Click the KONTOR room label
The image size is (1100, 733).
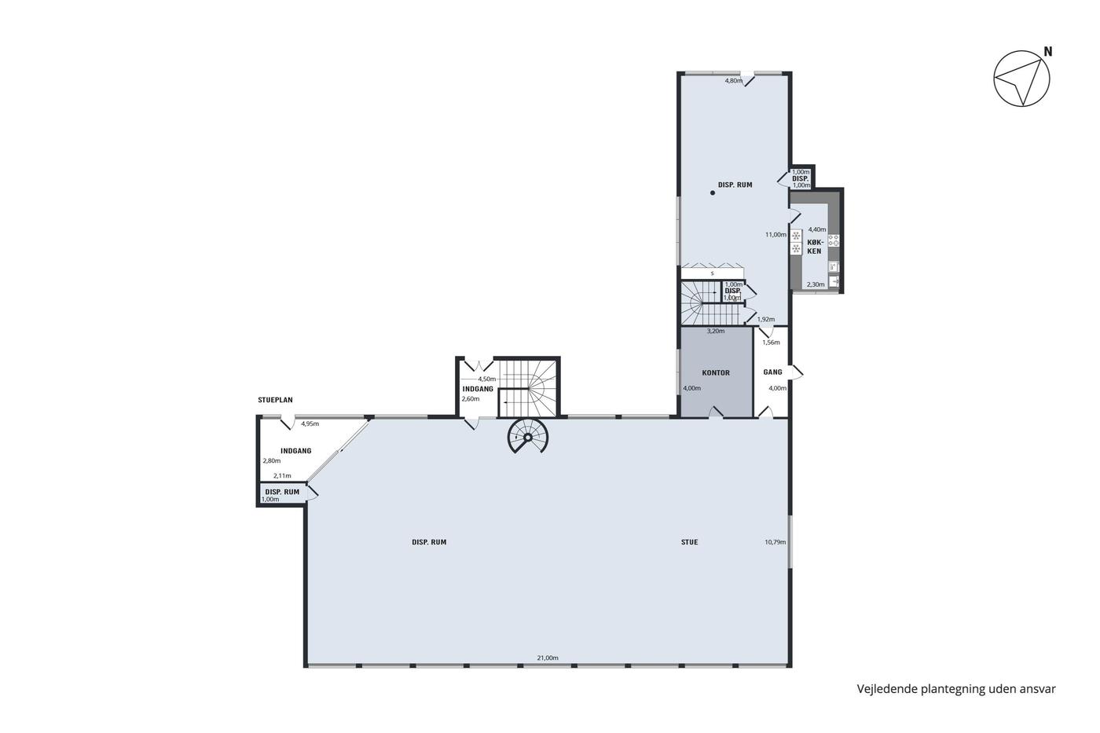[x=716, y=372]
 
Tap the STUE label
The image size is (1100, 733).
[x=690, y=542]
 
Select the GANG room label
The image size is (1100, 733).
[x=772, y=372]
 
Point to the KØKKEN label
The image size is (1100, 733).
[x=814, y=247]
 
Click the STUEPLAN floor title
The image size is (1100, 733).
[x=275, y=400]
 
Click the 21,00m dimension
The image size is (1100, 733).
[x=548, y=658]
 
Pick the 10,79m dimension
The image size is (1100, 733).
[x=775, y=542]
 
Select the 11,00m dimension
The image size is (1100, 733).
[x=775, y=235]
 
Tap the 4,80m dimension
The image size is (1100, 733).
[x=734, y=81]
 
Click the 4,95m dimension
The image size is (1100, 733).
[x=310, y=423]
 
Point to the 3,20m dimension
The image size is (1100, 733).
[x=716, y=331]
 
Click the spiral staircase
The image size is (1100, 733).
[x=527, y=436]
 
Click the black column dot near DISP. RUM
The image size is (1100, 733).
[x=713, y=193]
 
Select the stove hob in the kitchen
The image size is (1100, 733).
[x=834, y=240]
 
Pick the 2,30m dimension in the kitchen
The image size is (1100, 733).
[x=816, y=284]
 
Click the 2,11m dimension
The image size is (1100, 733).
[x=282, y=476]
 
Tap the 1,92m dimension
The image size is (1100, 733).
[x=765, y=319]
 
